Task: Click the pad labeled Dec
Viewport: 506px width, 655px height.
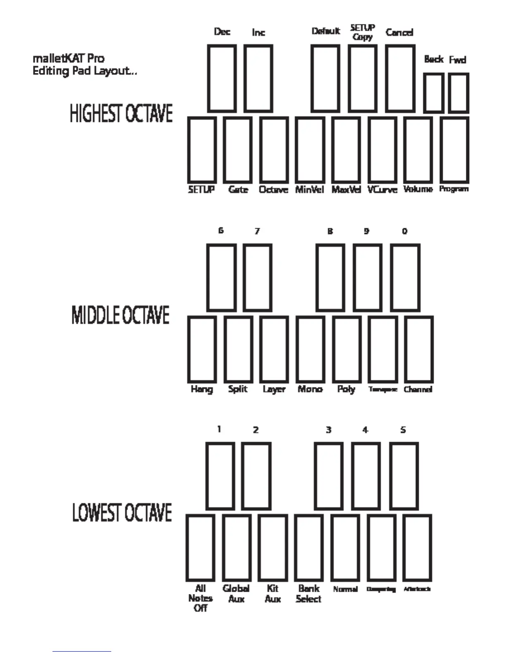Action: pos(222,79)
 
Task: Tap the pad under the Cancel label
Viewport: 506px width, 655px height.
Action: pos(400,79)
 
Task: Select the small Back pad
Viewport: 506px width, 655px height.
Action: pos(434,93)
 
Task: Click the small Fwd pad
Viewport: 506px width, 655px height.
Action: pos(458,93)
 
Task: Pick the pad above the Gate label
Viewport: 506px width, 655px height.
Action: pos(238,150)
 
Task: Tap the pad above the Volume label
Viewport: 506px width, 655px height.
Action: pos(418,150)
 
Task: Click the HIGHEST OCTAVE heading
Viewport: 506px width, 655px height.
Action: pos(121,114)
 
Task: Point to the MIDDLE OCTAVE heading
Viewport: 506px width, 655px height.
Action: pos(121,315)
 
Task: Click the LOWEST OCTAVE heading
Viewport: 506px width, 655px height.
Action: pos(122,513)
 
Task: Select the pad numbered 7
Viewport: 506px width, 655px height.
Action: pos(258,277)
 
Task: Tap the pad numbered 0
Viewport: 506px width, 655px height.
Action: pos(405,277)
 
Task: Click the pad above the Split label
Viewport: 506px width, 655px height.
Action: pos(238,350)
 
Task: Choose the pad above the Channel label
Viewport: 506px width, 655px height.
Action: pos(419,350)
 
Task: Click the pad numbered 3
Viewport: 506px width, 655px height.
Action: pos(329,476)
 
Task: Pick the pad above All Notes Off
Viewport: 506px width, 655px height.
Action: pos(200,548)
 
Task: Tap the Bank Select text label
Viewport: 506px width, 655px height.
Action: pos(309,593)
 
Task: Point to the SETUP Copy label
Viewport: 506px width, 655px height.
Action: pos(363,32)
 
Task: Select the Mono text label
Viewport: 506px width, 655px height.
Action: pos(310,389)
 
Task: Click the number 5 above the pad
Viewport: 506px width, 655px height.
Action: pos(403,430)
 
